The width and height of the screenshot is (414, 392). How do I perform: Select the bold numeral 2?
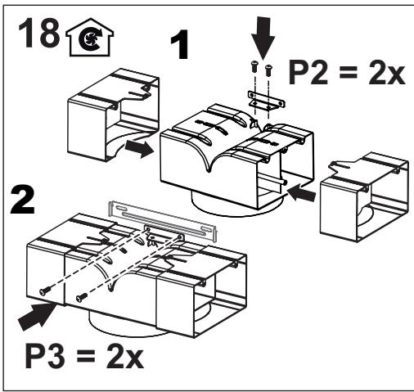[25, 201]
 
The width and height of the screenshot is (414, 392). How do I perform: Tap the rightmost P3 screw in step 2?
[79, 296]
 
